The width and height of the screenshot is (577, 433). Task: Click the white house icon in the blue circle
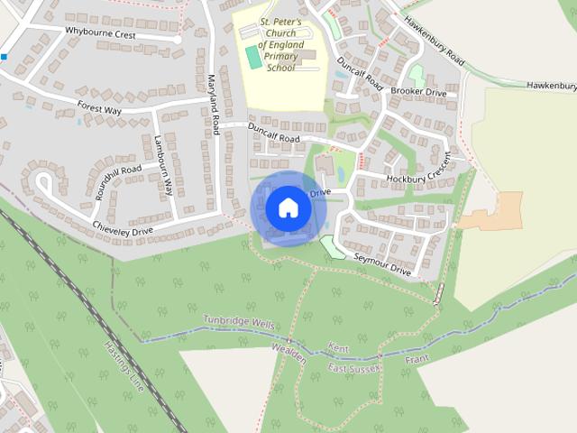288,207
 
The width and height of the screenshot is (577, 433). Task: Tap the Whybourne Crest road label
100,32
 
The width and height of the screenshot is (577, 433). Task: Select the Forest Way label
99,107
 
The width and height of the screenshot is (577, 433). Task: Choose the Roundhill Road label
118,180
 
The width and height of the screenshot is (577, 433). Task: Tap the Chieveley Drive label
123,232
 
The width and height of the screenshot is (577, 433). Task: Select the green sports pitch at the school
254,58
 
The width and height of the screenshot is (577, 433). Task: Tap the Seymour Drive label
382,264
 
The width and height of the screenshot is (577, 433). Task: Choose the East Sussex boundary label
355,369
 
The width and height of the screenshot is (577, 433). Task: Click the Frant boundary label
417,359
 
